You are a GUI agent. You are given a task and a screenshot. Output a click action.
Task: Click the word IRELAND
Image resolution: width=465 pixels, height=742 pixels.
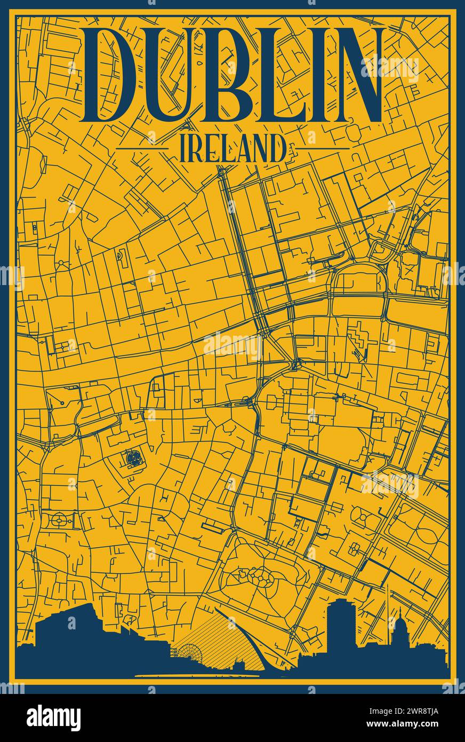[232, 148]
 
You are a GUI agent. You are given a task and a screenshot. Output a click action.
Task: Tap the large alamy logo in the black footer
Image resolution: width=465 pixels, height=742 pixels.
[53, 717]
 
